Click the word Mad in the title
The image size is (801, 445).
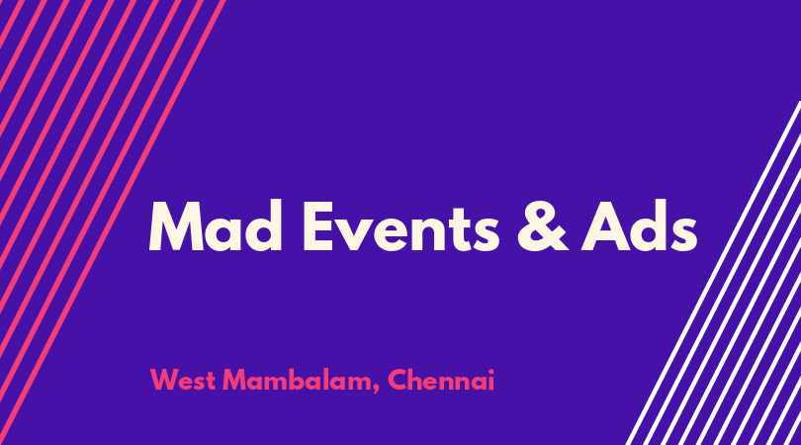pyautogui.click(x=215, y=225)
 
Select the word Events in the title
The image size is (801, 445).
pyautogui.click(x=401, y=226)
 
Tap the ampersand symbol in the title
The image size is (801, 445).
pyautogui.click(x=542, y=226)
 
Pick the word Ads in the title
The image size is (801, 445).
pyautogui.click(x=639, y=225)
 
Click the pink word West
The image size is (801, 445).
pyautogui.click(x=183, y=380)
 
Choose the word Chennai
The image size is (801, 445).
pyautogui.click(x=441, y=380)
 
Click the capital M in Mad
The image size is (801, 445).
pyautogui.click(x=176, y=226)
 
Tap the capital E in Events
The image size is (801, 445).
pyautogui.click(x=318, y=226)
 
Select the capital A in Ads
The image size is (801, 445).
pyautogui.click(x=606, y=226)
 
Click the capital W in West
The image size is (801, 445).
pyautogui.click(x=165, y=380)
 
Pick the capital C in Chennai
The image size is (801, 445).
pyautogui.click(x=398, y=380)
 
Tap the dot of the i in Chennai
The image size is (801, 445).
pyautogui.click(x=489, y=372)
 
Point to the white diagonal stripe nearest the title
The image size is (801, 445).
pyautogui.click(x=713, y=273)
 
